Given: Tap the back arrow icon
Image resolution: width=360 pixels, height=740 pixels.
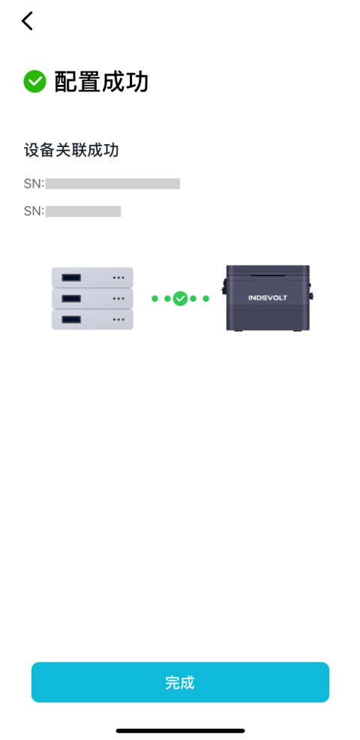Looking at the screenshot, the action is [27, 21].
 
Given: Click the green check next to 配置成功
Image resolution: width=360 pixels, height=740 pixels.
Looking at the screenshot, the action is [35, 82].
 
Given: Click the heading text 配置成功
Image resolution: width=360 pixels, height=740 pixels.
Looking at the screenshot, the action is [101, 82].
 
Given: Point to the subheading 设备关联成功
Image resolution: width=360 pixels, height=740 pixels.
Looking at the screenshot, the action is [71, 151].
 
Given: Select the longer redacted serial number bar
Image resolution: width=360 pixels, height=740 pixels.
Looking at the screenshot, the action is [112, 184].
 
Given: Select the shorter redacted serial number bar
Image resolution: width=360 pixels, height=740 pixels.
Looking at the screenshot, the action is [83, 211].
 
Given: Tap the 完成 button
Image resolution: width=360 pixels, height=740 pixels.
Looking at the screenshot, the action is [180, 682].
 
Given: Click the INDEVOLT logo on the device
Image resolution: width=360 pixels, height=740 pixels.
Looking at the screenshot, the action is [268, 298].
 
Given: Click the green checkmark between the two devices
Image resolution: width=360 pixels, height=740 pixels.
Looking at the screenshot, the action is [180, 298].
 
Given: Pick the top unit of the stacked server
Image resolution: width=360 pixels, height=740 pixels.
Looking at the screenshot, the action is [92, 278].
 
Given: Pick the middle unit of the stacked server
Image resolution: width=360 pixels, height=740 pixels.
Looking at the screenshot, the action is [92, 299].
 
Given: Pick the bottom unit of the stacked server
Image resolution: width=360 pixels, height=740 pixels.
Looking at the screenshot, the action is [92, 320].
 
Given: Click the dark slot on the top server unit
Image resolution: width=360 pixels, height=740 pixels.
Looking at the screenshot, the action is [71, 278].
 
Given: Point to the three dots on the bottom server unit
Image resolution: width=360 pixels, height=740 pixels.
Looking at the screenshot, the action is [118, 320].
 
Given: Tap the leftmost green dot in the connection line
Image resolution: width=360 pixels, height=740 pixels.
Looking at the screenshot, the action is [154, 298].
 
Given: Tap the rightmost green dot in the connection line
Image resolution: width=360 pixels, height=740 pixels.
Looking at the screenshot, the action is [205, 298].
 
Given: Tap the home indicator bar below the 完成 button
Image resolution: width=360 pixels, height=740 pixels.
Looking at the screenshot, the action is [180, 731].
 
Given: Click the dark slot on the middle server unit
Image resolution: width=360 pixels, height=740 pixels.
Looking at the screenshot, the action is [71, 299].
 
